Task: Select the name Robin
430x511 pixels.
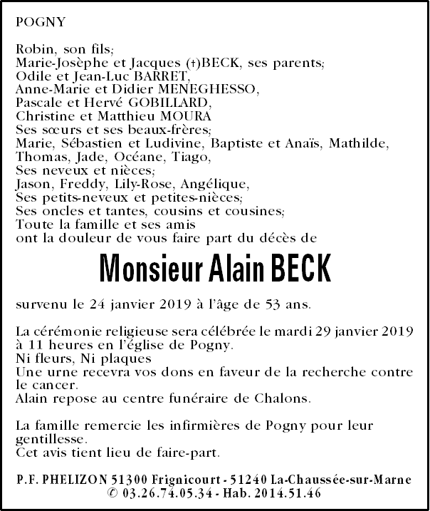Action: pyautogui.click(x=32, y=49)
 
